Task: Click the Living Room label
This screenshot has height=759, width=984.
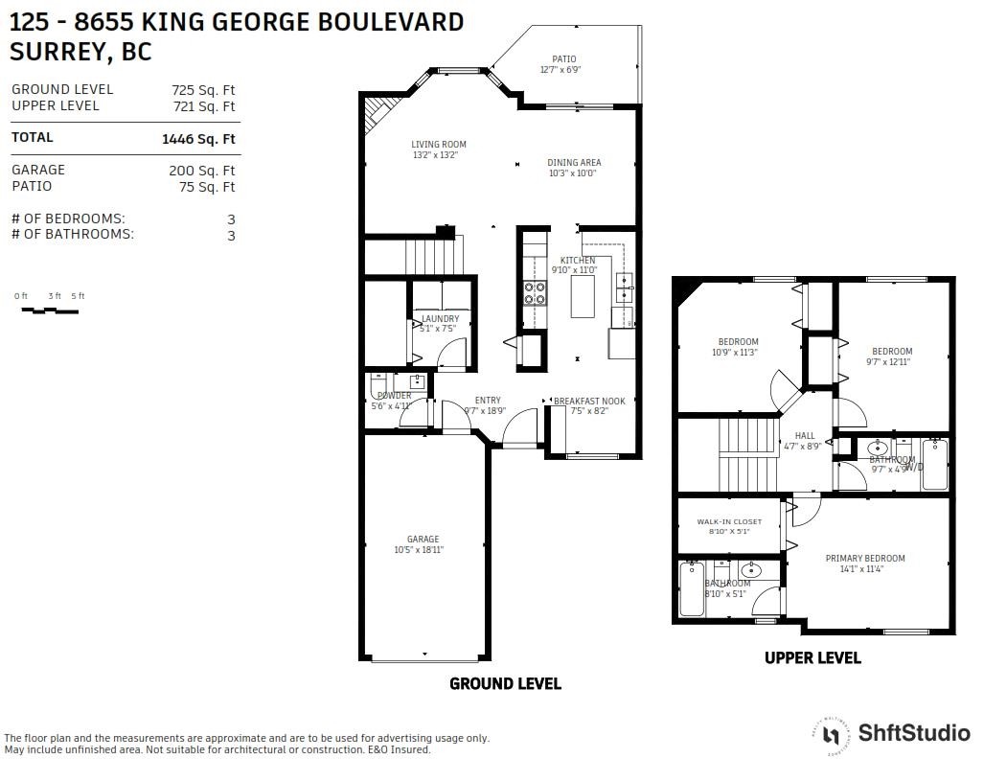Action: point(439,145)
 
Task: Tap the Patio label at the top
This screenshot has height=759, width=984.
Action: point(563,59)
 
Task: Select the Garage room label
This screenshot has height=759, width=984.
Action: point(423,540)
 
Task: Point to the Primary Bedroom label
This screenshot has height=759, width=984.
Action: point(865,559)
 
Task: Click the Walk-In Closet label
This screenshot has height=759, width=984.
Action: point(729,522)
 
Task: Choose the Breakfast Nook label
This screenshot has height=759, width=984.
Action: point(589,402)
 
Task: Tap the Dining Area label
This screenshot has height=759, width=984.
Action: point(574,163)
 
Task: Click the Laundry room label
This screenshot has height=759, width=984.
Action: point(440,319)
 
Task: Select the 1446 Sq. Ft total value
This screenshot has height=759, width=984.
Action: point(198,139)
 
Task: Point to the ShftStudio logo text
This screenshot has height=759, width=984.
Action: point(913,733)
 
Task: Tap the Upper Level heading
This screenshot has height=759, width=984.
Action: point(812,658)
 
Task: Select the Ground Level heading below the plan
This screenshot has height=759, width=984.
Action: point(505,684)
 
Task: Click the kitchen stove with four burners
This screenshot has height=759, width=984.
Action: point(534,291)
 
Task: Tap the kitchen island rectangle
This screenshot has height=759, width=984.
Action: point(583,300)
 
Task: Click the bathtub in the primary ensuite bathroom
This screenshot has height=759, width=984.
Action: point(691,589)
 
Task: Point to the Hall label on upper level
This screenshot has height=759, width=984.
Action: point(805,436)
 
